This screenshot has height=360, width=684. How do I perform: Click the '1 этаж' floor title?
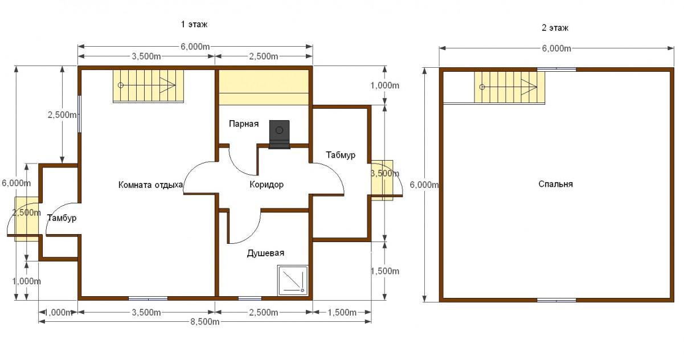point(194,24)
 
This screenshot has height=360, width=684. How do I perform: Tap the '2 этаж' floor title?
point(555,28)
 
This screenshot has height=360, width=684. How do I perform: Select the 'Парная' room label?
point(244,124)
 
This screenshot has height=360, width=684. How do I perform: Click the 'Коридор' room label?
point(267,185)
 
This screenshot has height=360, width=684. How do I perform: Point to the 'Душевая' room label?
point(265,253)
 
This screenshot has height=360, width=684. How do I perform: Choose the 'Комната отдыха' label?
point(150,185)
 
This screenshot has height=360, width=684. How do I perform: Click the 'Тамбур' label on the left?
point(62,218)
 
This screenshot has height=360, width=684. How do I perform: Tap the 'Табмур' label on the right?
point(341,155)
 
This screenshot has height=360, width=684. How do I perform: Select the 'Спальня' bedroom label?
point(555,184)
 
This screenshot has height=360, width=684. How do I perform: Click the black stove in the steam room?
point(279,134)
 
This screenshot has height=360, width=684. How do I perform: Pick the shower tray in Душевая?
point(293,281)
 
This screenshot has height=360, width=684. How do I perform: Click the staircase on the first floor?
point(149,86)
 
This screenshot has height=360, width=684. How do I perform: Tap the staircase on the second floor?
point(509,88)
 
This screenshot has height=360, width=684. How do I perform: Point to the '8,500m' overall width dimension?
point(205,322)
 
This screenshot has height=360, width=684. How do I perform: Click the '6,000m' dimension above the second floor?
point(556,48)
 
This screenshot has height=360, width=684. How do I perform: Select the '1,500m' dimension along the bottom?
point(342,312)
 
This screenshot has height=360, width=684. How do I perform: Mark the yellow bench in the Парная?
point(264,87)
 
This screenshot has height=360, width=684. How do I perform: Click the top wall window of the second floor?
point(556,69)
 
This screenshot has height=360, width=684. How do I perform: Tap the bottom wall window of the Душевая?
point(250,298)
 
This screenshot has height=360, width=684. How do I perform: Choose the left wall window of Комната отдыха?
point(79,114)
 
